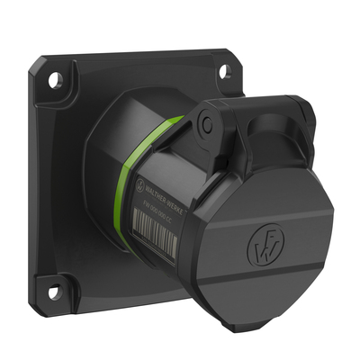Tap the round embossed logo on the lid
pyautogui.click(x=262, y=245)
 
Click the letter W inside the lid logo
pyautogui.click(x=262, y=246)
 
